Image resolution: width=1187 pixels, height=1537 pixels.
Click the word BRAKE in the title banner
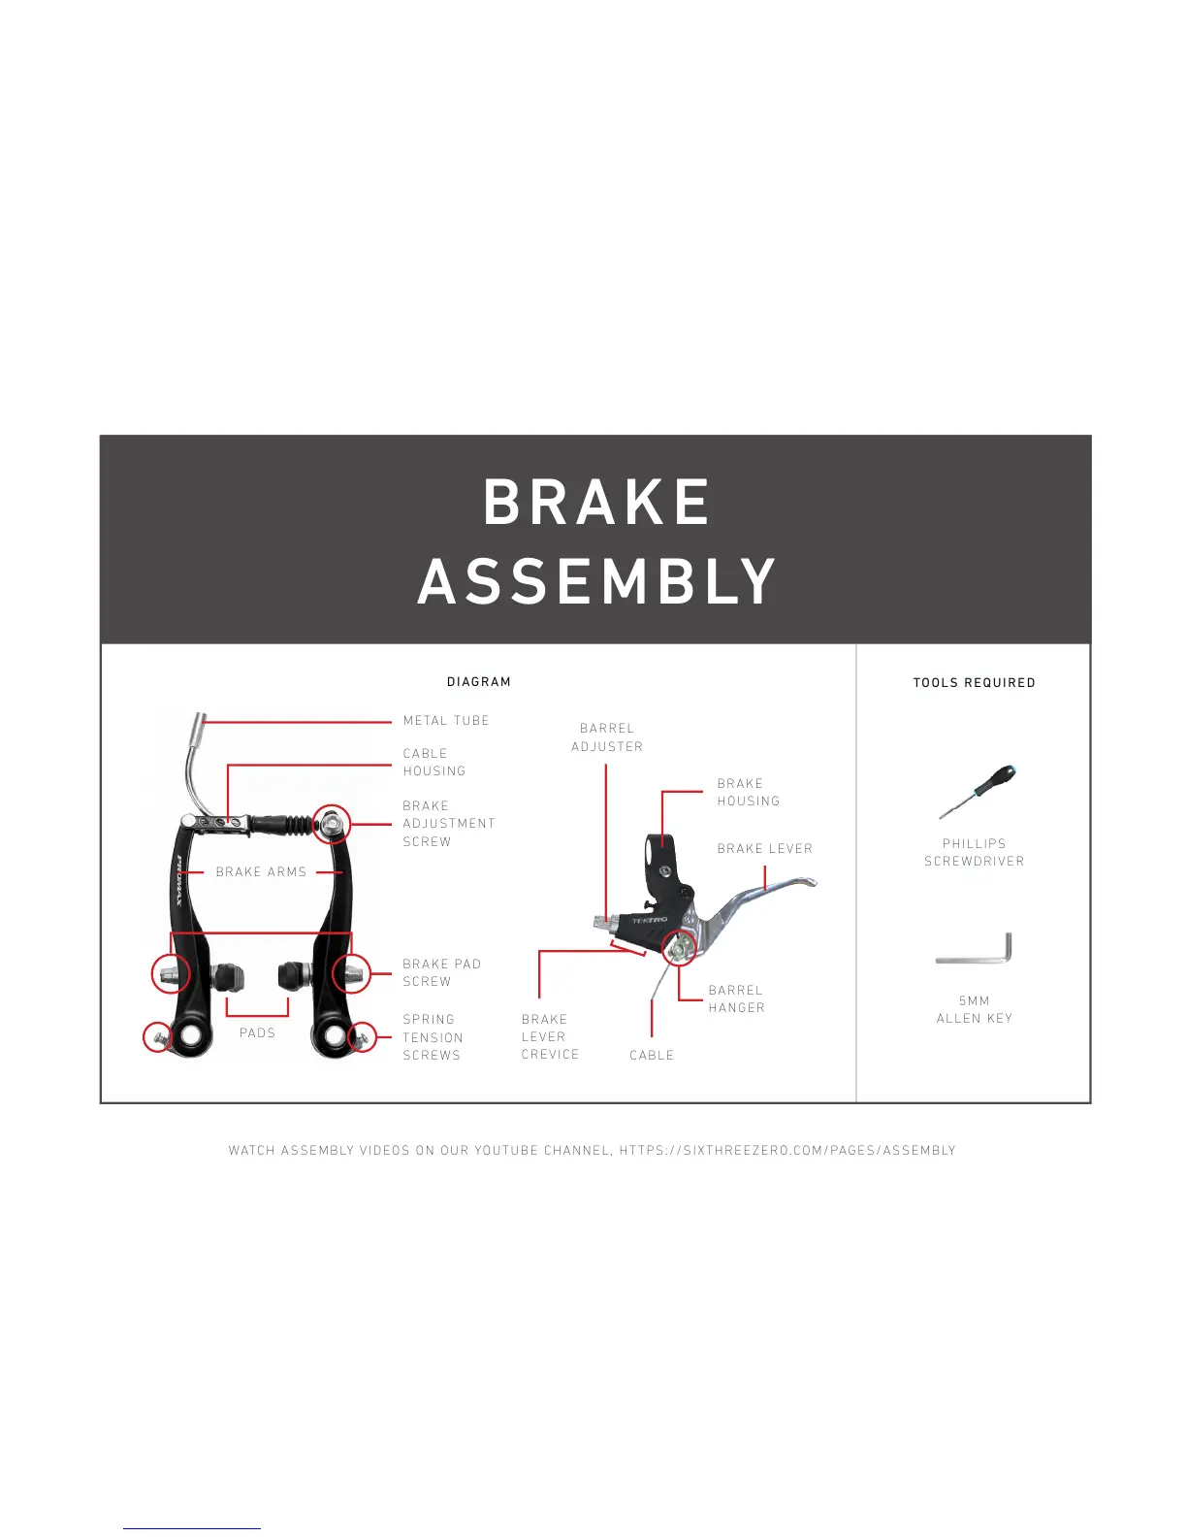pyautogui.click(x=596, y=502)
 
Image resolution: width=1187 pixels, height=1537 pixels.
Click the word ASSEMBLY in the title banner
pyautogui.click(x=596, y=581)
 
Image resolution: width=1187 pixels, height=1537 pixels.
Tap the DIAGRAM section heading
pyautogui.click(x=479, y=682)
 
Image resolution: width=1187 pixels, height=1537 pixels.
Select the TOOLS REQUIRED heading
pyautogui.click(x=974, y=683)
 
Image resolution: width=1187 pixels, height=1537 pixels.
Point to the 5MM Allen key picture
pyautogui.click(x=975, y=950)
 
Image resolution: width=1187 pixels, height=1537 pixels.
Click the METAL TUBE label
pyautogui.click(x=446, y=721)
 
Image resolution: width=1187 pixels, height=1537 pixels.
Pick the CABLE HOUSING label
pyautogui.click(x=434, y=762)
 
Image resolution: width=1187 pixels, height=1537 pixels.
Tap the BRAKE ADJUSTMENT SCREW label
pyautogui.click(x=448, y=824)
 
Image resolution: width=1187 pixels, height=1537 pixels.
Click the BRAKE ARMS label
pyautogui.click(x=261, y=872)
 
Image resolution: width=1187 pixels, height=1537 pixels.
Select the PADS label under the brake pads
pyautogui.click(x=257, y=1033)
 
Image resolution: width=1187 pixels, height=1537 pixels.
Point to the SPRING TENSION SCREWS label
pyautogui.click(x=433, y=1037)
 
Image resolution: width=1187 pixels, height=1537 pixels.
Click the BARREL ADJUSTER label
pyautogui.click(x=607, y=737)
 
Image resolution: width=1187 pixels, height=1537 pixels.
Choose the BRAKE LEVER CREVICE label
pyautogui.click(x=550, y=1037)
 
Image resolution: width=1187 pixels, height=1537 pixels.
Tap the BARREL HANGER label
pyautogui.click(x=736, y=999)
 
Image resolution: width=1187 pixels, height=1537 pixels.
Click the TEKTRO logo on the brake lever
pyautogui.click(x=650, y=920)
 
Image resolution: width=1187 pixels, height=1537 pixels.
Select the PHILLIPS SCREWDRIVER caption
pyautogui.click(x=974, y=853)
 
